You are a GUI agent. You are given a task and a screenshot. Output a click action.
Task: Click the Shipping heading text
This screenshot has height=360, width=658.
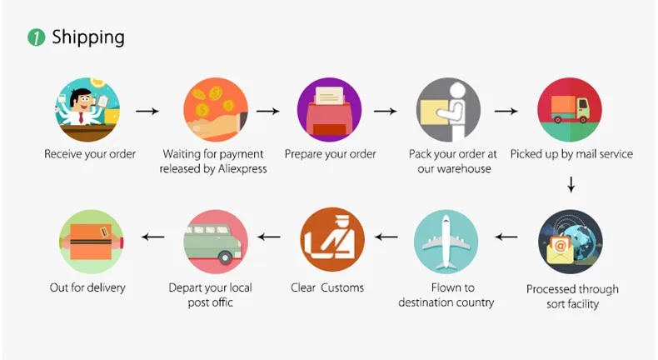point(87,37)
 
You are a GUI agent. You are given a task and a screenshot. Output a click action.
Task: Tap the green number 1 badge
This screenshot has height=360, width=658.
point(36,37)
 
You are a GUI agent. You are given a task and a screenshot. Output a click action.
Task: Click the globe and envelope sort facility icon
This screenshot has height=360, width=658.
point(571,242)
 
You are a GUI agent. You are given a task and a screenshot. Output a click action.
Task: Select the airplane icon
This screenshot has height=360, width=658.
point(446,242)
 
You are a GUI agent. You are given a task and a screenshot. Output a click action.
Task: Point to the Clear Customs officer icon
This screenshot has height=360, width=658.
point(331,242)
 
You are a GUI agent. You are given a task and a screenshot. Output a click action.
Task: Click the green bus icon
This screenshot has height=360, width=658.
point(217,242)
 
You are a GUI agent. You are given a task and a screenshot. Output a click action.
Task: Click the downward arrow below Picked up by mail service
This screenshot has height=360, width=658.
point(571,183)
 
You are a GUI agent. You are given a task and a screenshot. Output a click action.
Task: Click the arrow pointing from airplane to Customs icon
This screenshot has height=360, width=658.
point(386,237)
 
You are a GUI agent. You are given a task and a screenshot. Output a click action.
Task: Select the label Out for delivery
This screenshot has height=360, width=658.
point(87,288)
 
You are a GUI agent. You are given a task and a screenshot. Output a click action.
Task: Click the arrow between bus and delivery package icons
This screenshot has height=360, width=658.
point(152,237)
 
